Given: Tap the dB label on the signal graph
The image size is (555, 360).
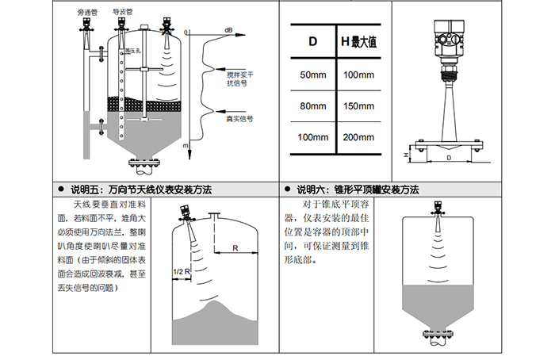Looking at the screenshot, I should [x=228, y=30].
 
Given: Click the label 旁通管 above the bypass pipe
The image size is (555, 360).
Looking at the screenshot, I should [x=87, y=13].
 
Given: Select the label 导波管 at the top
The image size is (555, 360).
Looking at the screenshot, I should [x=121, y=13].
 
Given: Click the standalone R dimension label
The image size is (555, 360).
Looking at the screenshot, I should [x=236, y=248].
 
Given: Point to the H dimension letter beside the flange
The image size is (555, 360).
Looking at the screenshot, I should [x=406, y=155].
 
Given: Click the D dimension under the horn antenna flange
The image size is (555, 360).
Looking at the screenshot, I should [x=449, y=159].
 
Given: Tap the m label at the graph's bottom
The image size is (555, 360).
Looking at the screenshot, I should [x=186, y=147].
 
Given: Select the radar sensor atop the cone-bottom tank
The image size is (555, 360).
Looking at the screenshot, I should [x=437, y=208].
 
